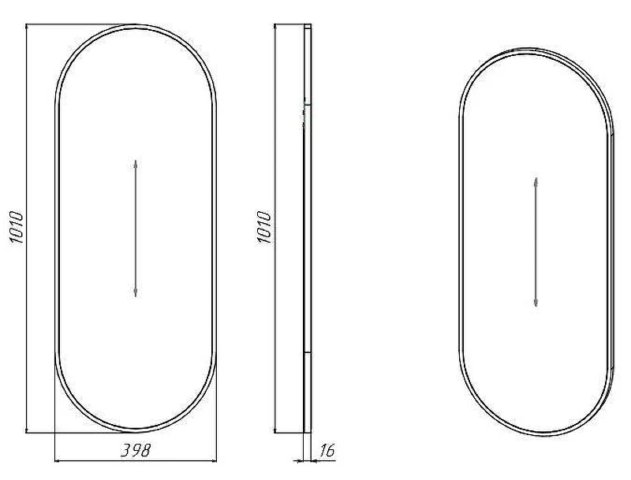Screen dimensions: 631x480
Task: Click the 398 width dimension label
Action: (x=136, y=450)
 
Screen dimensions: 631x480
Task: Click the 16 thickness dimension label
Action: (x=327, y=450)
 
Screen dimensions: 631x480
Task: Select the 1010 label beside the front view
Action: (x=17, y=227)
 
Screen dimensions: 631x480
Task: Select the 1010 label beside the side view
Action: (x=264, y=227)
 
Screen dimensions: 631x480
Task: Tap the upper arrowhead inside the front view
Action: (x=136, y=164)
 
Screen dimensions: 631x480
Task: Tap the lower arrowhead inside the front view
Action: (x=136, y=292)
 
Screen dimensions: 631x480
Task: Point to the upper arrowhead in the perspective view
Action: (x=536, y=181)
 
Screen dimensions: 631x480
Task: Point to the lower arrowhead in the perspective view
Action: (x=536, y=302)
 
